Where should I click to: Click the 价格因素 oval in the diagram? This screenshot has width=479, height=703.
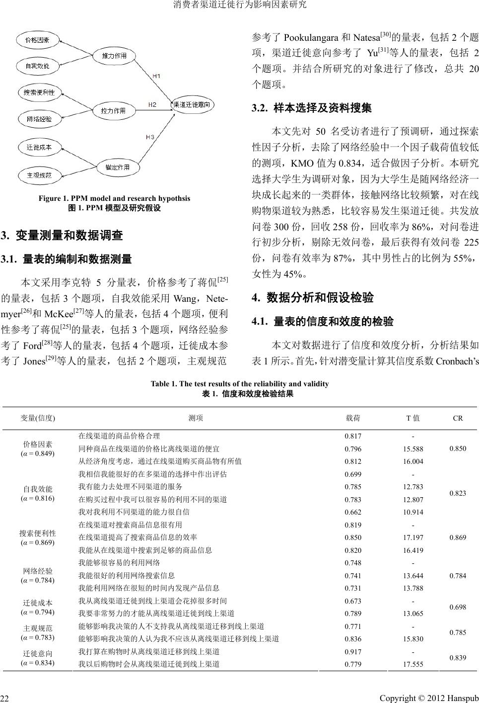tap(39, 40)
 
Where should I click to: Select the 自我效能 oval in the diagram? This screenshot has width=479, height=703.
tap(39, 66)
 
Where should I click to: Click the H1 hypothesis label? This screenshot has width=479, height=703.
tap(155, 76)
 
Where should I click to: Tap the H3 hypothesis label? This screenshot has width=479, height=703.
tap(149, 136)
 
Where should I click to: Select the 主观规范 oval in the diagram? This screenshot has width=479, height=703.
tap(39, 175)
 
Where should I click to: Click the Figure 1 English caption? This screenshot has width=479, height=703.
tap(107, 198)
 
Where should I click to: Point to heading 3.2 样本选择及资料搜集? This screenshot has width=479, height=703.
tap(312, 108)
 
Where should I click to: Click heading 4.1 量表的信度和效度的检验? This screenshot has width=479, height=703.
tap(323, 322)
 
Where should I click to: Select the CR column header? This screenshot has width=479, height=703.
tap(458, 418)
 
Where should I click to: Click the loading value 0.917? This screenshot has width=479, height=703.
tap(353, 651)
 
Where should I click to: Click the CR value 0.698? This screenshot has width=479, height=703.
tap(458, 607)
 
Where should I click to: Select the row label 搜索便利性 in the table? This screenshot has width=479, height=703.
tap(38, 533)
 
